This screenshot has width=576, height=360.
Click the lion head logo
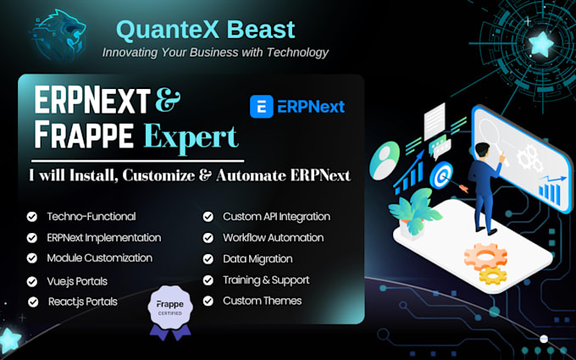click(58, 36)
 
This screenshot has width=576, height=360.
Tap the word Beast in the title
click(260, 30)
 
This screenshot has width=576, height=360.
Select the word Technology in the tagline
click(297, 53)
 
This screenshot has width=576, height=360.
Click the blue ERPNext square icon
click(262, 107)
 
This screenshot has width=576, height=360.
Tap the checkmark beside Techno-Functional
click(32, 217)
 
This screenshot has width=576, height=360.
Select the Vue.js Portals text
click(77, 281)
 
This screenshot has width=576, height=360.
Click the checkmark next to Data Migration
click(208, 259)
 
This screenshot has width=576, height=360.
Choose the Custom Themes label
click(263, 301)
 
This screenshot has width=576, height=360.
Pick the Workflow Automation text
click(274, 238)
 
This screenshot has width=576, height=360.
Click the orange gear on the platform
click(485, 256)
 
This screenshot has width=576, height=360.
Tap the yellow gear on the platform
click(493, 275)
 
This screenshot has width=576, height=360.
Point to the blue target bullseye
click(441, 175)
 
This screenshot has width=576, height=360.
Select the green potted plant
click(415, 213)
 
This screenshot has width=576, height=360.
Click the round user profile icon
click(385, 161)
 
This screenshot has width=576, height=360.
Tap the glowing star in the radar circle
click(540, 44)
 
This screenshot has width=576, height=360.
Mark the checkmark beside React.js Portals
click(33, 302)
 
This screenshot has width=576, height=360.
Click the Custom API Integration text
click(277, 217)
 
